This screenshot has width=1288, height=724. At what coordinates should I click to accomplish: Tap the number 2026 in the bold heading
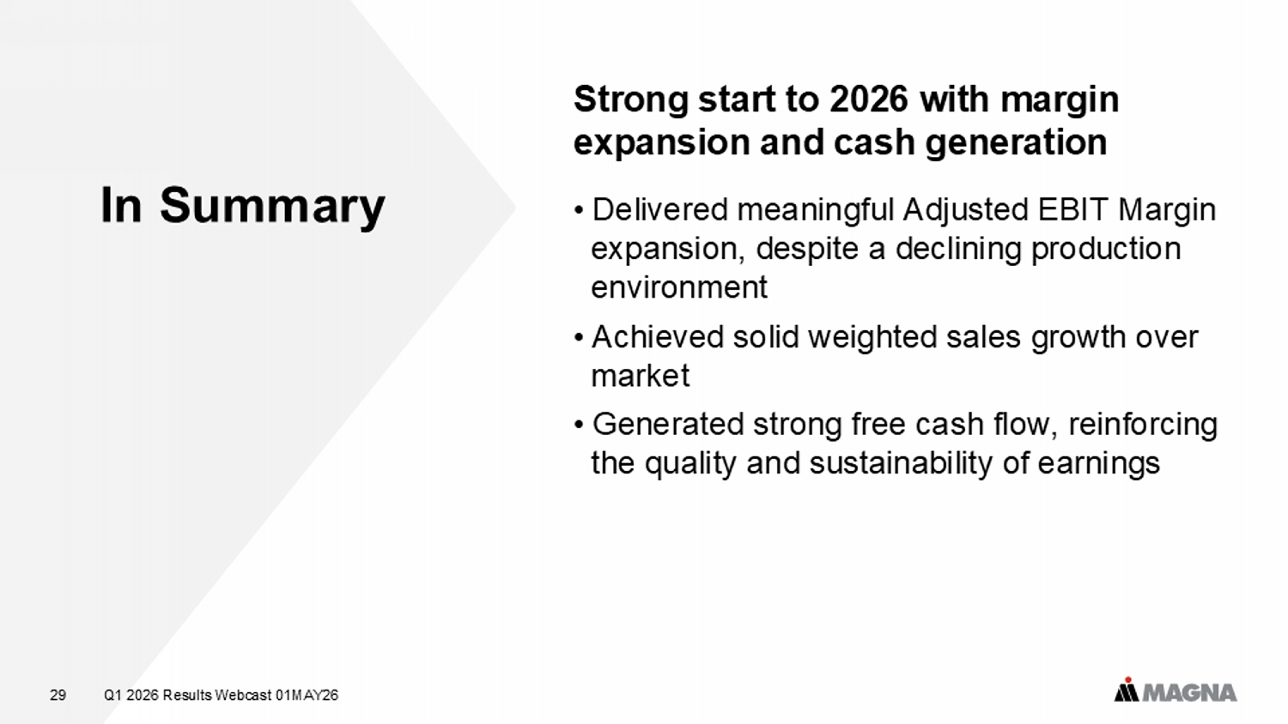[x=869, y=99]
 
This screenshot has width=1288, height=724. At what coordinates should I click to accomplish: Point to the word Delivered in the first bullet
[x=660, y=209]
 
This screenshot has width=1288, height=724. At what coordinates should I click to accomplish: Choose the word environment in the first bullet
[x=679, y=287]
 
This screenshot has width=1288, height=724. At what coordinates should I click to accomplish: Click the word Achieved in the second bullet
[x=658, y=337]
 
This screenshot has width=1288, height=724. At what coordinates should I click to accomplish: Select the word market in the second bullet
[x=640, y=376]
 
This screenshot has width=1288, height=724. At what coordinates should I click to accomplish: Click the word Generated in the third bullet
[x=668, y=424]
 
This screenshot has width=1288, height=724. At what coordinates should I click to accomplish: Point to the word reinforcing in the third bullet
[x=1143, y=425]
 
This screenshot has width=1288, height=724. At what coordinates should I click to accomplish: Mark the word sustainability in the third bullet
[x=901, y=464]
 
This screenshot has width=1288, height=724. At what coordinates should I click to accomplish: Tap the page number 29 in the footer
[x=58, y=696]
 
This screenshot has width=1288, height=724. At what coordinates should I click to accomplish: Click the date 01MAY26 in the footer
[x=307, y=696]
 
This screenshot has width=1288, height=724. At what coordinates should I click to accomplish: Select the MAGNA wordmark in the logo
[x=1188, y=693]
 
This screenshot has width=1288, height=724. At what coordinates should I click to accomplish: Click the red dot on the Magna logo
[x=1128, y=680]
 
